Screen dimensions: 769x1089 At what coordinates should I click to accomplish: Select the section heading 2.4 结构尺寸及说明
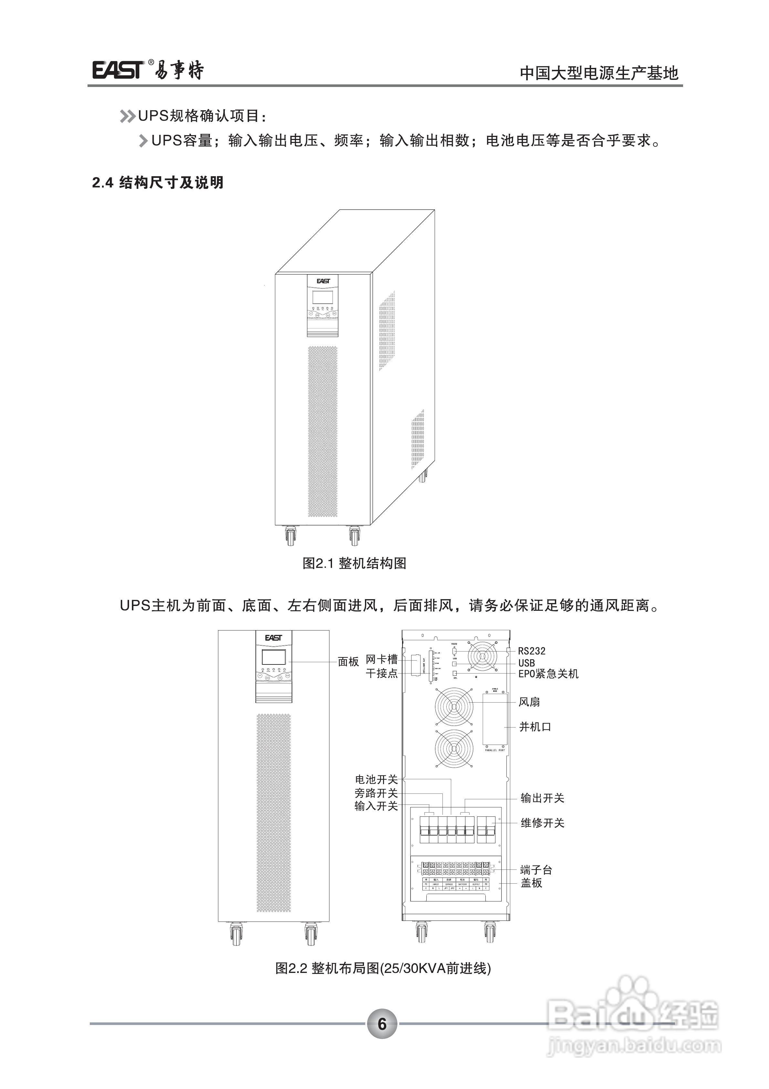(x=158, y=183)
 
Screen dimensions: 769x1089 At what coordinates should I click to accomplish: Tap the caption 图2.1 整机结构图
(x=354, y=564)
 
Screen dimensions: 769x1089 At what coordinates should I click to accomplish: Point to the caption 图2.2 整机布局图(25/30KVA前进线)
(x=383, y=968)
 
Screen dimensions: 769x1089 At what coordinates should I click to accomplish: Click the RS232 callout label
(x=531, y=651)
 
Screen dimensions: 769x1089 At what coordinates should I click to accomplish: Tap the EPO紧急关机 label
(x=548, y=674)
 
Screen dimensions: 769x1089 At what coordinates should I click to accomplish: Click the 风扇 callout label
(x=529, y=702)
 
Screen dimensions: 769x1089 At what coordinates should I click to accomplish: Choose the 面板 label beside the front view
(x=348, y=662)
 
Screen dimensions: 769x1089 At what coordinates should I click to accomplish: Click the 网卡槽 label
(x=381, y=659)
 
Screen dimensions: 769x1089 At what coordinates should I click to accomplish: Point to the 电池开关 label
(x=376, y=779)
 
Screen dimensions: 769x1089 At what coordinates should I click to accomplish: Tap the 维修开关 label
(x=543, y=823)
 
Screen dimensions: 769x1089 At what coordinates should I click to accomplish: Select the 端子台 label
(x=536, y=870)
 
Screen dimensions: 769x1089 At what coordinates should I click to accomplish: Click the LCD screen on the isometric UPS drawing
(x=322, y=298)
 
